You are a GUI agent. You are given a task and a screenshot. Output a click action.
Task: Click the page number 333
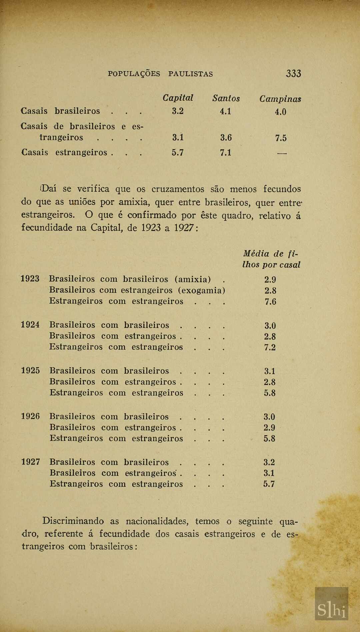293,73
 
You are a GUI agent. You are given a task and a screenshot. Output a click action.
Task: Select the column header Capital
178,98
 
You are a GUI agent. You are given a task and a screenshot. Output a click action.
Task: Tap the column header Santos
226,98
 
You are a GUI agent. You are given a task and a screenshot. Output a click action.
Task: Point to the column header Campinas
280,99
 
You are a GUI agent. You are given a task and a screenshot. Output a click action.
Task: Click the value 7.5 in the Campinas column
281,138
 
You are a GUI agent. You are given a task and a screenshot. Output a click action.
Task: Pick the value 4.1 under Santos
225,111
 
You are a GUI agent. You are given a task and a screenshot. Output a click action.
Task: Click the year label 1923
30,279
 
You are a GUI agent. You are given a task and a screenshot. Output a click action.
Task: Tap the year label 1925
30,371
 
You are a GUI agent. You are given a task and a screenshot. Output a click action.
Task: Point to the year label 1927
31,462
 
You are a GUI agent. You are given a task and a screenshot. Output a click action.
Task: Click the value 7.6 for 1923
270,301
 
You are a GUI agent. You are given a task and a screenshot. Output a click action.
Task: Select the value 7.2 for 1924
270,347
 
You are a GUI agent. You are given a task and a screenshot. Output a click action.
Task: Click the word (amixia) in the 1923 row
192,279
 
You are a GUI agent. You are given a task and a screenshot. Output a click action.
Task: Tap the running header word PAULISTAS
190,74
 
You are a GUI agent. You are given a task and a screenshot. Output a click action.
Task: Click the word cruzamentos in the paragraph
178,189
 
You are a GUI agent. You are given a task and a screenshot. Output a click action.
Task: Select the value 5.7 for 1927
269,484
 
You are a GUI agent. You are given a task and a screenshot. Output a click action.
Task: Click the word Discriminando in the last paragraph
73,521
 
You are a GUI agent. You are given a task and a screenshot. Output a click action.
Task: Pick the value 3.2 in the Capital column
178,111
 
